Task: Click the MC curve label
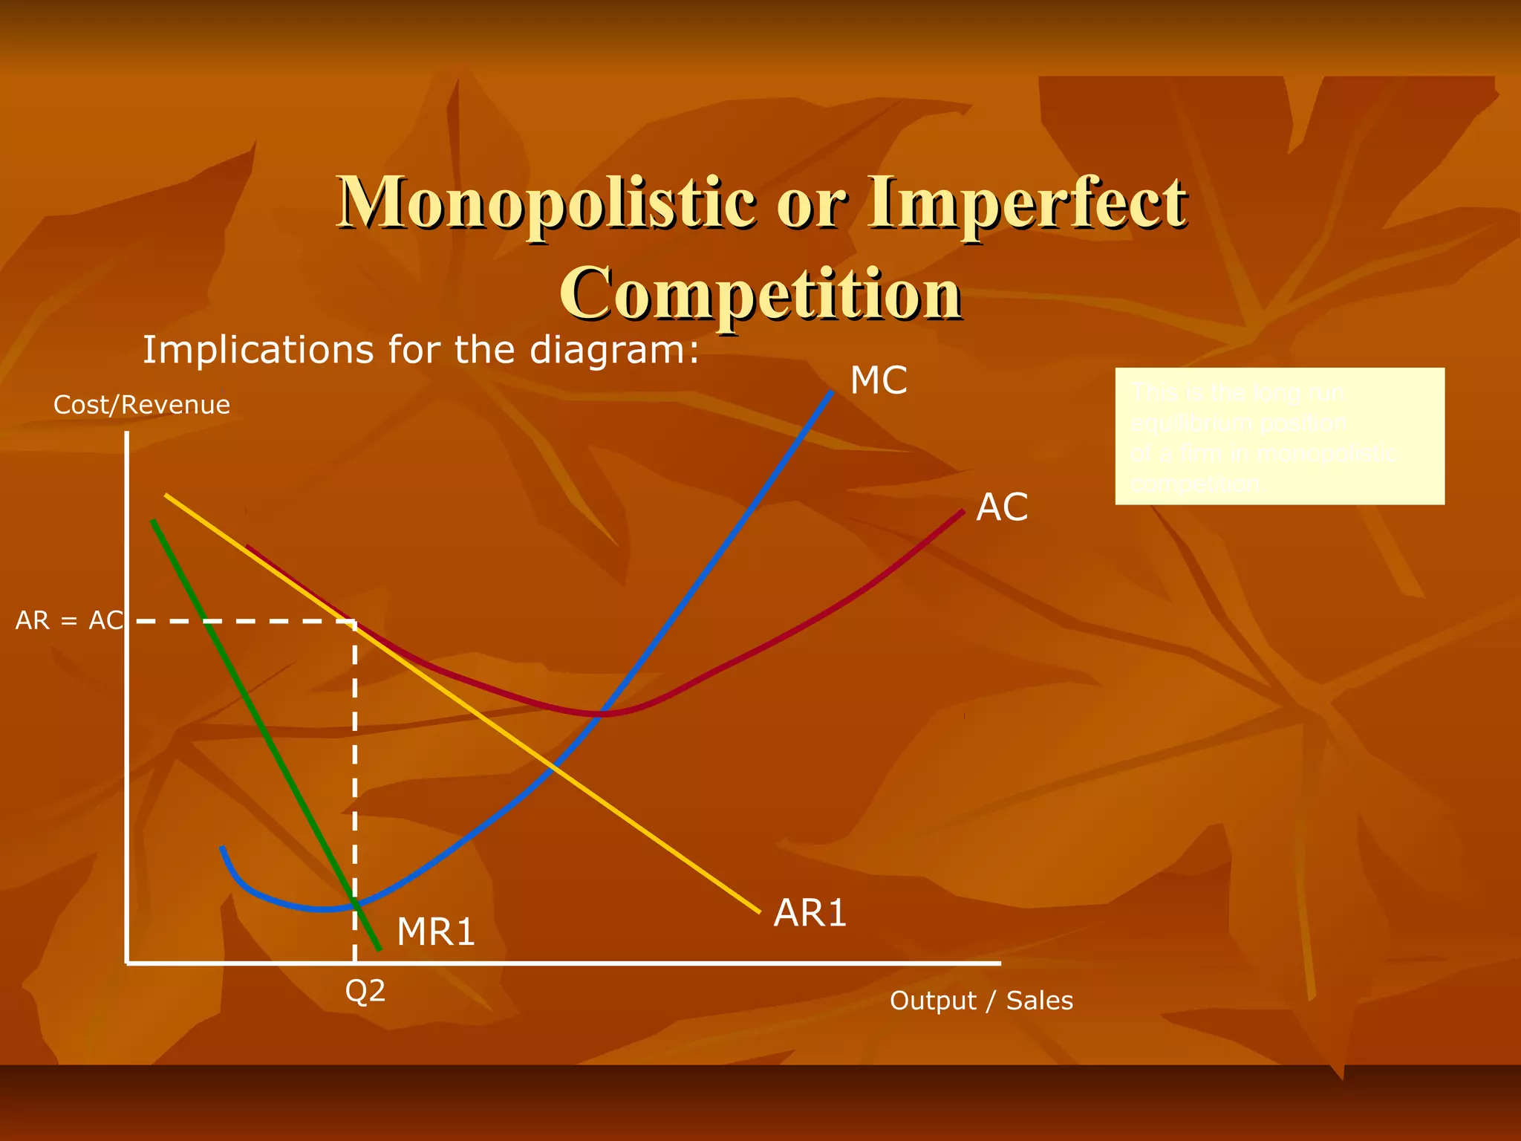coord(879,380)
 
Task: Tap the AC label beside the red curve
coord(1002,507)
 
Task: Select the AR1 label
coord(810,913)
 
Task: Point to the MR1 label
coord(436,932)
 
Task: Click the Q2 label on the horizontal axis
coord(365,991)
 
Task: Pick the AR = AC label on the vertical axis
coord(69,620)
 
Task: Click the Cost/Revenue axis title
coord(142,405)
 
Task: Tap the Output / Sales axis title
coord(981,1001)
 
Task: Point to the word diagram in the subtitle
coord(615,349)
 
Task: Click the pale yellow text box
coord(1280,436)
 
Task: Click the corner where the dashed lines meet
coord(355,621)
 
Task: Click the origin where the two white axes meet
coord(128,963)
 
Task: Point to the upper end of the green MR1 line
coord(153,521)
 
